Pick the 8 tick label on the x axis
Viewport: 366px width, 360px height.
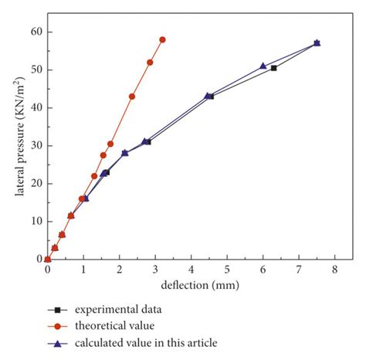pyautogui.click(x=334, y=270)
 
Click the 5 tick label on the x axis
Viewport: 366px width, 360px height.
pyautogui.click(x=227, y=270)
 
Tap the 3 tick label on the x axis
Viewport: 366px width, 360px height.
pyautogui.click(x=155, y=270)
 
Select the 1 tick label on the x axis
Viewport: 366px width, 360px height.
pyautogui.click(x=83, y=270)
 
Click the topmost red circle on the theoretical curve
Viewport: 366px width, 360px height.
pyautogui.click(x=162, y=39)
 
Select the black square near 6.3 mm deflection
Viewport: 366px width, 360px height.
pyautogui.click(x=273, y=68)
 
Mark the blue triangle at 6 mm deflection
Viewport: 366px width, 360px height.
pyautogui.click(x=263, y=66)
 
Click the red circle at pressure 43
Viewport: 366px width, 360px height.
pyautogui.click(x=132, y=97)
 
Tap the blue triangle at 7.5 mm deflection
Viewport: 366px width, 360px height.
pyautogui.click(x=317, y=42)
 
